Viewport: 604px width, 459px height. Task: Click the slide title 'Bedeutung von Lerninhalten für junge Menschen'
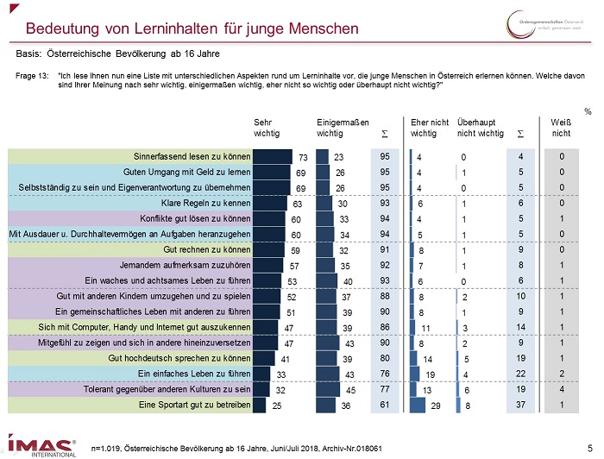click(192, 28)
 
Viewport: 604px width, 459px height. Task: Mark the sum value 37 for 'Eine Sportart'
click(520, 405)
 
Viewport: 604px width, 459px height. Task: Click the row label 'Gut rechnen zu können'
click(207, 250)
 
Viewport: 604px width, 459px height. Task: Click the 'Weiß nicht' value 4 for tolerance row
click(562, 390)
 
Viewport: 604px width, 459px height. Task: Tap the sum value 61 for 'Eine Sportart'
click(384, 405)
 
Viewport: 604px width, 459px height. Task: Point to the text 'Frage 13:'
click(33, 76)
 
